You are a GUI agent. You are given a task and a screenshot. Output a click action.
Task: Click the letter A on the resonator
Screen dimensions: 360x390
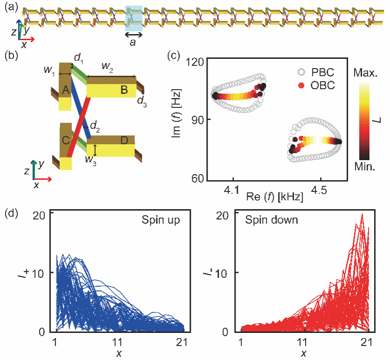(x=65, y=92)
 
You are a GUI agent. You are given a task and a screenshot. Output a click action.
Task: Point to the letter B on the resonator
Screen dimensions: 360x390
(x=124, y=91)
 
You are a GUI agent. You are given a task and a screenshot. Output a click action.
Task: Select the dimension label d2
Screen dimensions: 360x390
(x=95, y=125)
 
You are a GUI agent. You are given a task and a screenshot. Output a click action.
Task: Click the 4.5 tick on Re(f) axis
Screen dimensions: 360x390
(x=320, y=191)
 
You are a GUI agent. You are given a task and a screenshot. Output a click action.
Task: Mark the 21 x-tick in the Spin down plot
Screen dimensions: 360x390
(x=369, y=341)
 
